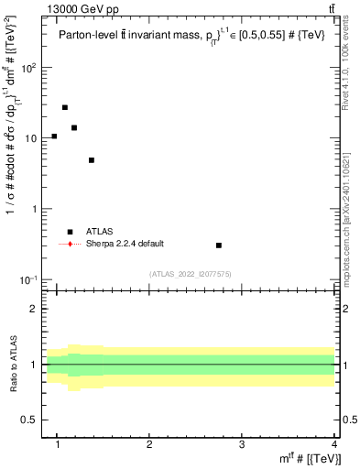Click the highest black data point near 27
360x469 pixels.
coord(65,107)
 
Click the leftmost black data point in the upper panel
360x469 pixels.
coord(54,136)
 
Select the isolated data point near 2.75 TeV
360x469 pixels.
coord(219,245)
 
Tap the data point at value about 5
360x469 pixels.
coord(92,160)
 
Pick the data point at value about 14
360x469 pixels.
coord(74,127)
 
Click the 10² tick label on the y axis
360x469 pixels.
coord(29,68)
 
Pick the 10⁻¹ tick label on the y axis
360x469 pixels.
coord(29,279)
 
